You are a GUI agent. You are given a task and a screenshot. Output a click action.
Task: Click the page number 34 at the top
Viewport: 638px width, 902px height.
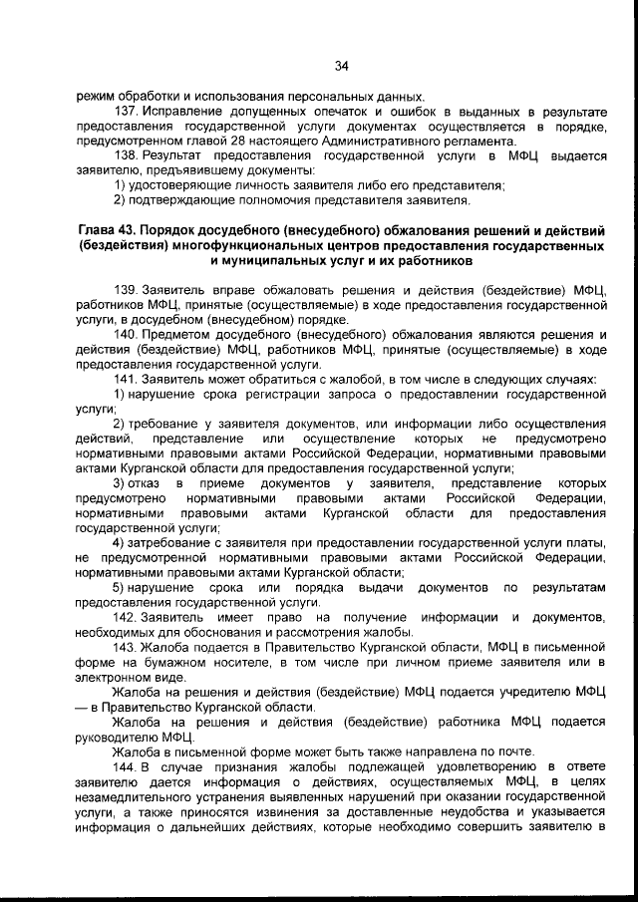coord(340,67)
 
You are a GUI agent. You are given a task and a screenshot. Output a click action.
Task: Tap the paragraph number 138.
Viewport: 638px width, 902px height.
coord(128,156)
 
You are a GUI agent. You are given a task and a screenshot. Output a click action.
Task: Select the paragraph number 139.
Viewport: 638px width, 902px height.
coord(128,290)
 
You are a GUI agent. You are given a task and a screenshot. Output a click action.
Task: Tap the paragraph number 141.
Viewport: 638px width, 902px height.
coord(128,379)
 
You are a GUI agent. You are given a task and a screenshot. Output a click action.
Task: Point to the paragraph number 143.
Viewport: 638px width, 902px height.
coord(128,647)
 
